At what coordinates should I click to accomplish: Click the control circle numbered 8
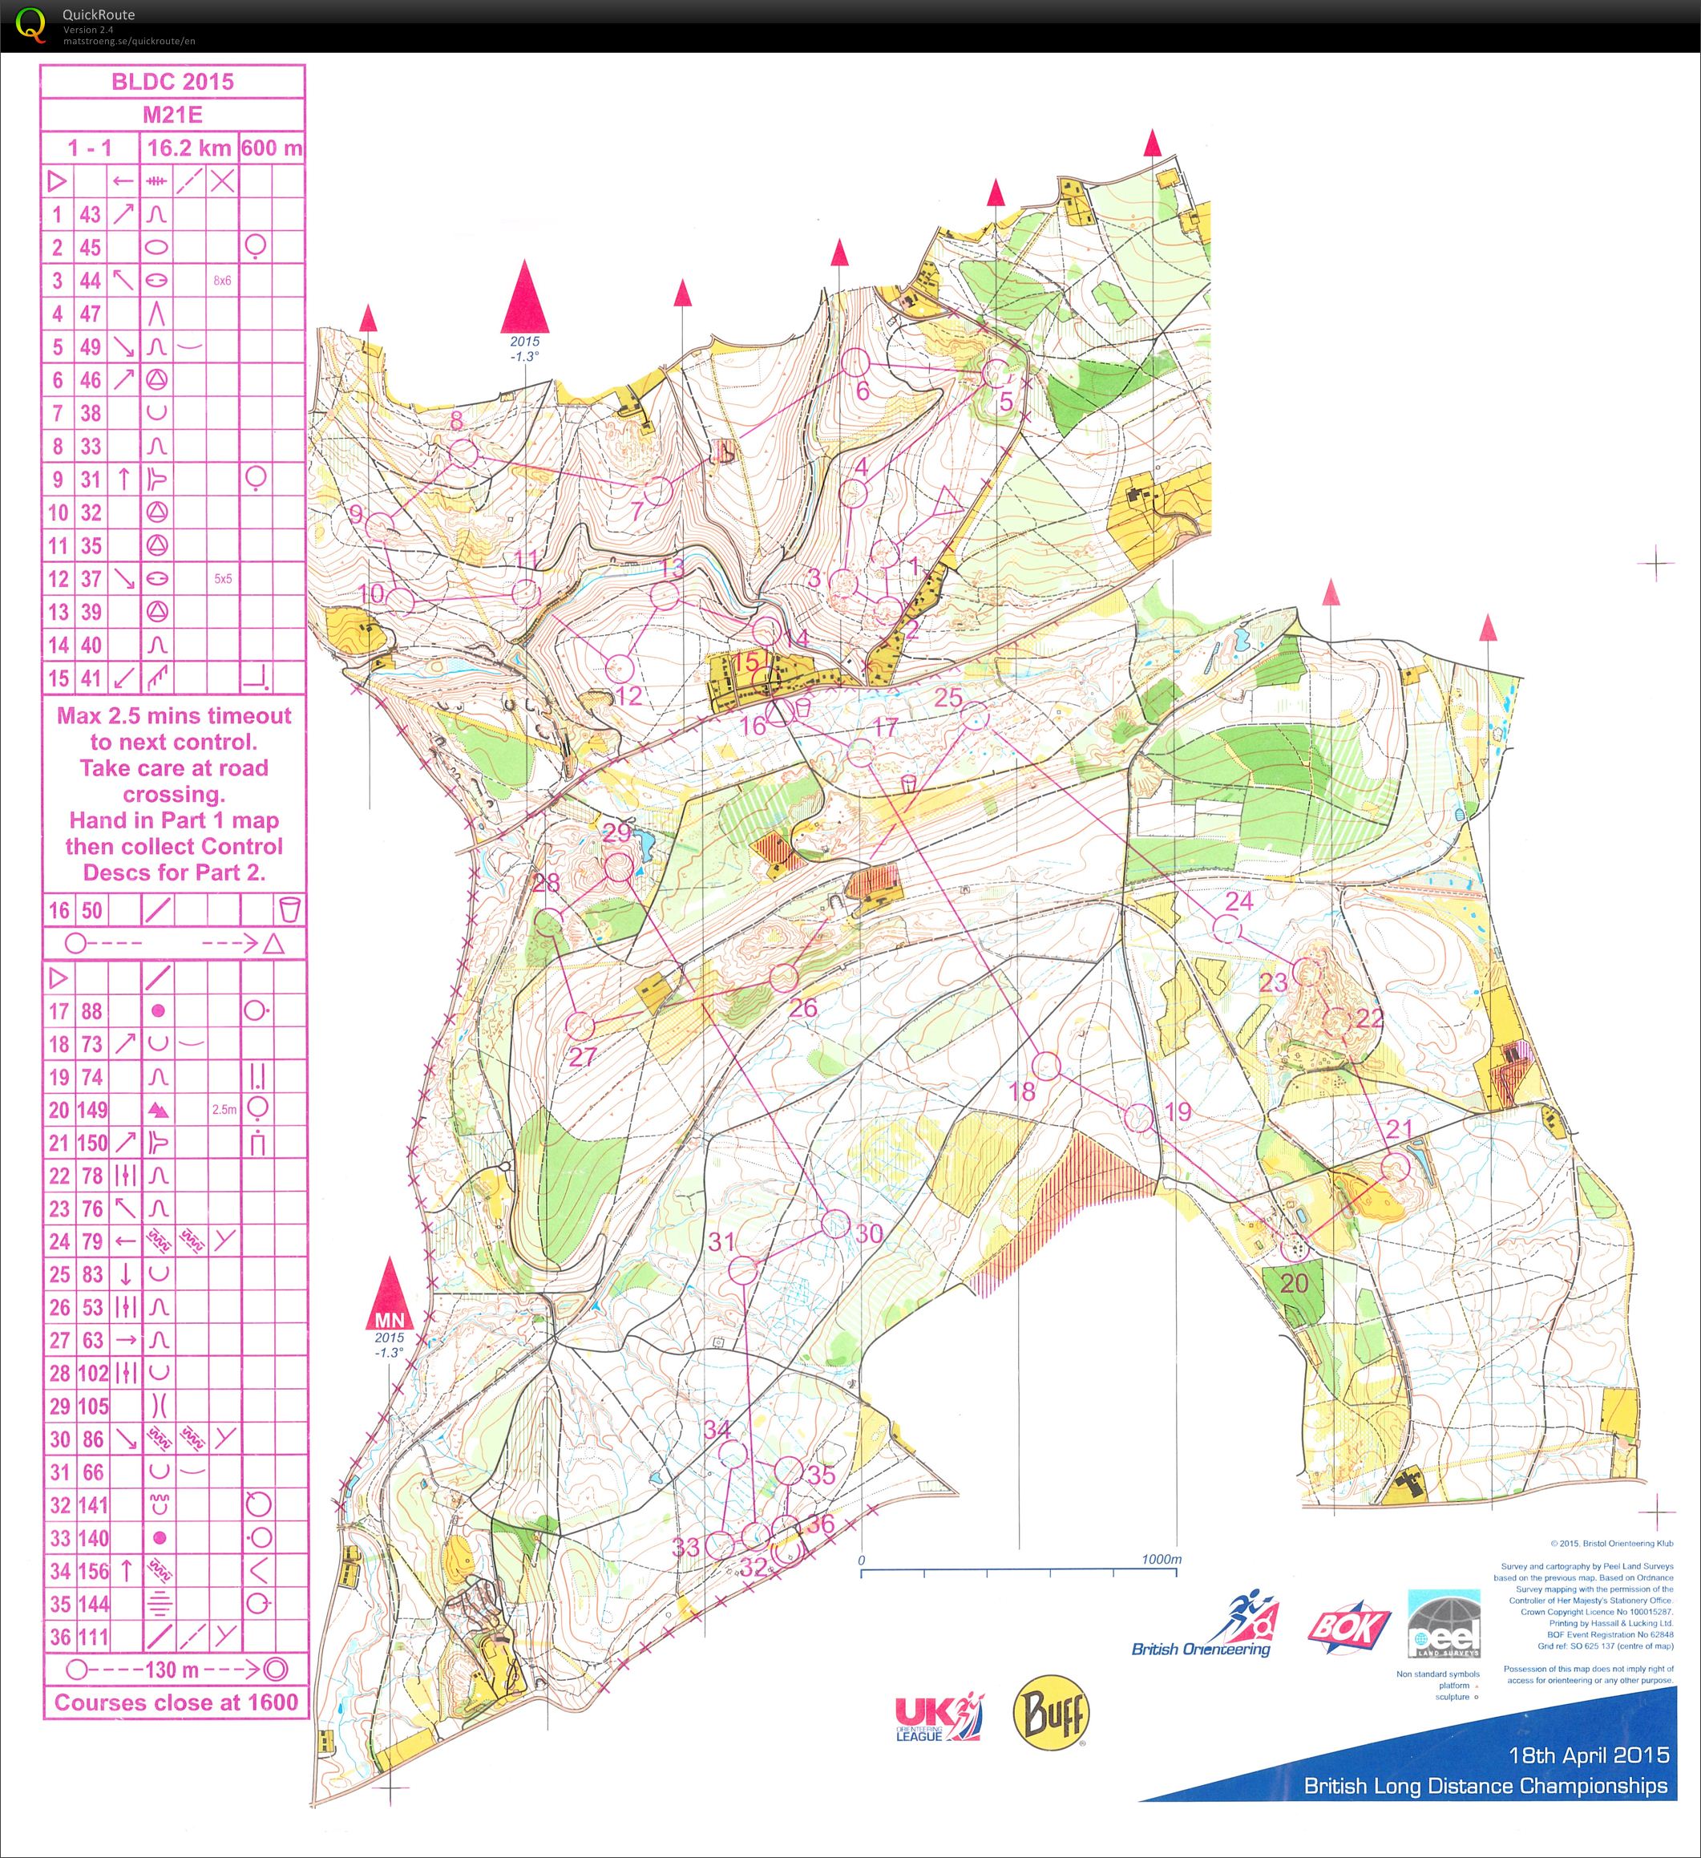[x=463, y=452]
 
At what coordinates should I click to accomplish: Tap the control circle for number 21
[x=1396, y=1167]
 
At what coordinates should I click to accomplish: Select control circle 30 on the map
[x=834, y=1224]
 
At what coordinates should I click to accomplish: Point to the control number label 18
[x=1023, y=1092]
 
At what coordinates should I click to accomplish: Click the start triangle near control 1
[x=947, y=504]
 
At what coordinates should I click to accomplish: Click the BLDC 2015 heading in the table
[x=172, y=81]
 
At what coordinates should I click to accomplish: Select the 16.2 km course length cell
[x=189, y=148]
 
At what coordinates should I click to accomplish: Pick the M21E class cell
[x=172, y=115]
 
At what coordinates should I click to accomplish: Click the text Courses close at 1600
[x=175, y=1702]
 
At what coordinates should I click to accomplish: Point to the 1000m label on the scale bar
[x=1160, y=1560]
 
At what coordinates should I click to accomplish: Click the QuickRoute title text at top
[x=98, y=14]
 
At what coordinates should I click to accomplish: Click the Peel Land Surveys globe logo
[x=1443, y=1624]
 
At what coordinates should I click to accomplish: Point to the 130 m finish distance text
[x=172, y=1669]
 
